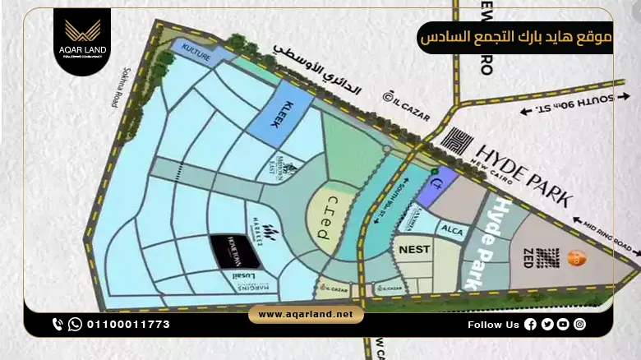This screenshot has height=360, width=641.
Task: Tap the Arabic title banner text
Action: tap(515, 38)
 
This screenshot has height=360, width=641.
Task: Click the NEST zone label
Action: tap(415, 247)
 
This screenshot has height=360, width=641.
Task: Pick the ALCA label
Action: tap(453, 230)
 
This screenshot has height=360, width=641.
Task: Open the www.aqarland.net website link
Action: tap(306, 315)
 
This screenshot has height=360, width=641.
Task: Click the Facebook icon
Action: tap(530, 325)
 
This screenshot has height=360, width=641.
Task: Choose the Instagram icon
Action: tap(580, 325)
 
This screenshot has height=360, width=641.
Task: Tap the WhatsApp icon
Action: tap(75, 324)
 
